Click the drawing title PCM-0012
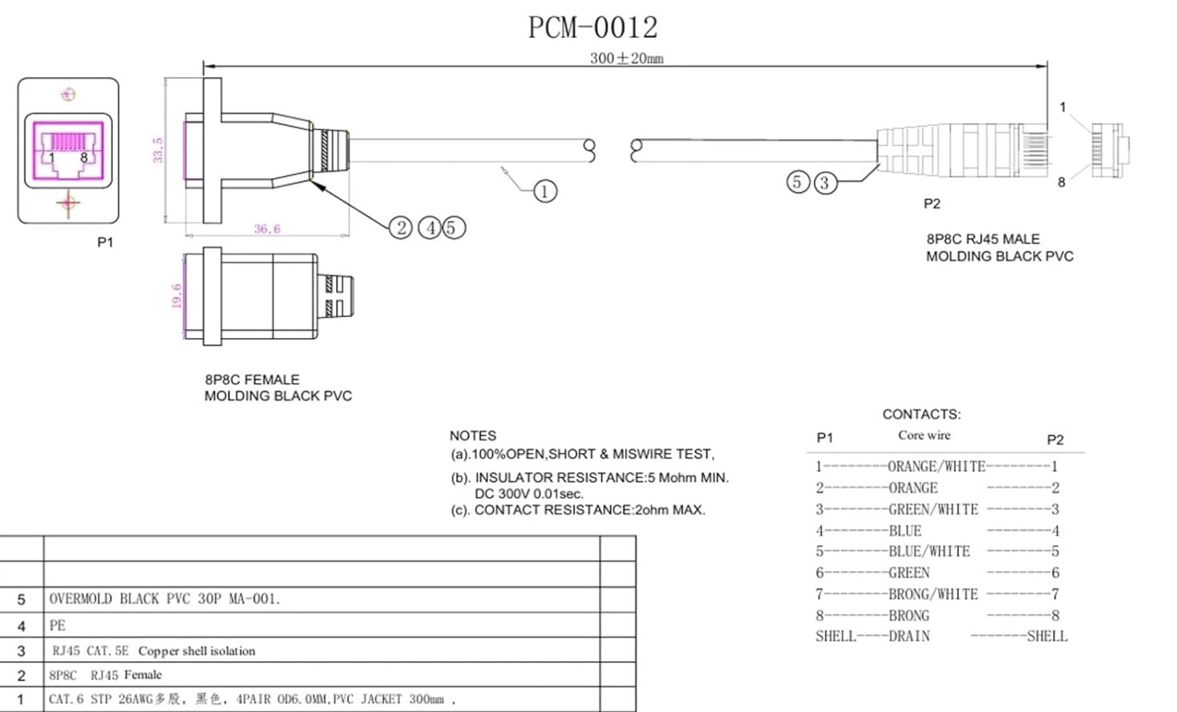pos(593,27)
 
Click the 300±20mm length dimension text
pos(626,59)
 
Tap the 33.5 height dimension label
pos(158,150)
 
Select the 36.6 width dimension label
pos(267,229)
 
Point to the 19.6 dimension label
pos(176,295)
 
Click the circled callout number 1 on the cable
pos(545,192)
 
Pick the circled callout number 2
pos(401,228)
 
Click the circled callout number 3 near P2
pos(823,183)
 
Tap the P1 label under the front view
pos(105,242)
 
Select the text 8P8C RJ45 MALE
pos(983,239)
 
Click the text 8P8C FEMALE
pos(252,379)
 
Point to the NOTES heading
pos(472,435)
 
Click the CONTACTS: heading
pos(921,415)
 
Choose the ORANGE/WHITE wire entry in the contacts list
pos(936,467)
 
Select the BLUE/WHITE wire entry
pos(928,552)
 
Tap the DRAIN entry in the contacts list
pos(908,637)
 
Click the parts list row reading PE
pos(58,625)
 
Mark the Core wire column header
pos(924,435)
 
